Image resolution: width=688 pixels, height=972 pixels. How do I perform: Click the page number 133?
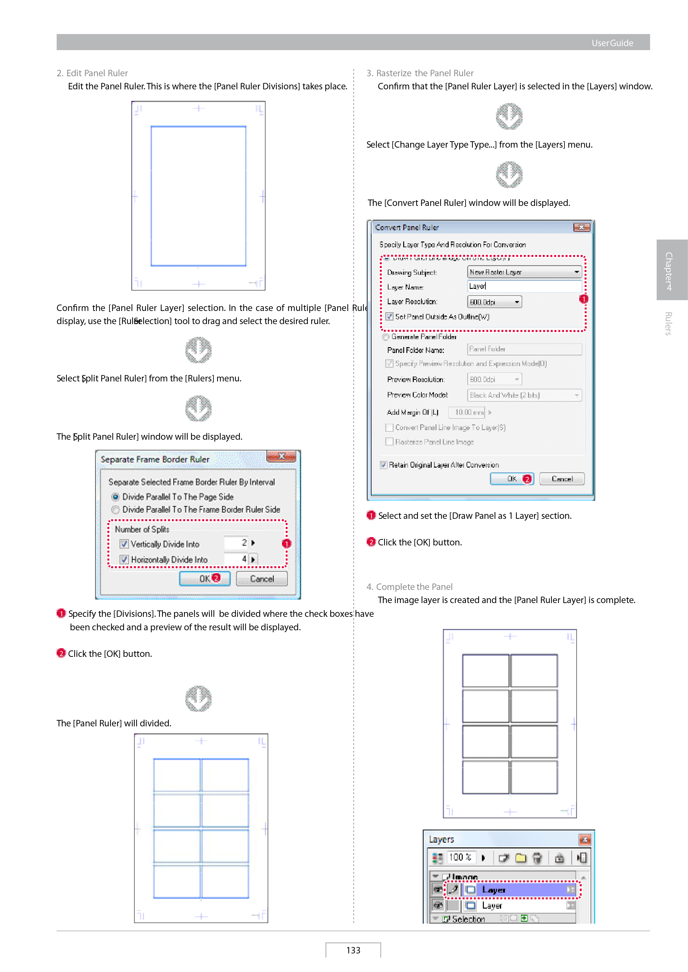(353, 950)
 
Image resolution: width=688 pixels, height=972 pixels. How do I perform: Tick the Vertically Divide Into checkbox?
(124, 544)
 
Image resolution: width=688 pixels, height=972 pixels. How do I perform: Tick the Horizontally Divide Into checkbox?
(124, 560)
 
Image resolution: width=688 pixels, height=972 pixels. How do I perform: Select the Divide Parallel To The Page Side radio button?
(115, 497)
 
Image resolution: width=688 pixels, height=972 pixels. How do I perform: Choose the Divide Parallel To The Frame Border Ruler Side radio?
(115, 510)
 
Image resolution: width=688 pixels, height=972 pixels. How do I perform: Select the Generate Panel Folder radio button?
(386, 337)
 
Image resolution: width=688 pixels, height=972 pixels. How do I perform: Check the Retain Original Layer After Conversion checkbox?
(383, 465)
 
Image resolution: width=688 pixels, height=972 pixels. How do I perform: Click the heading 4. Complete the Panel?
(409, 587)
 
